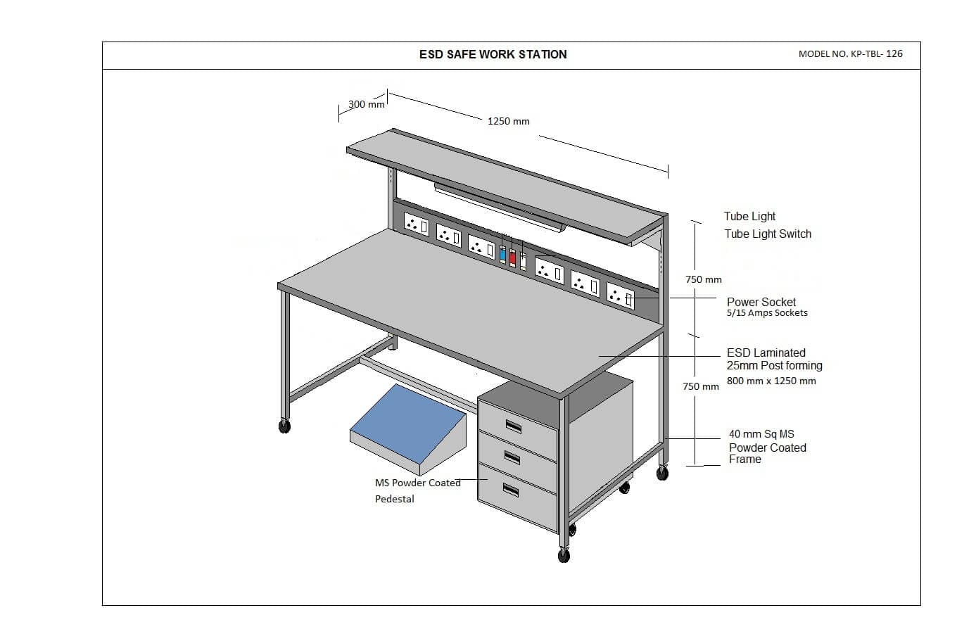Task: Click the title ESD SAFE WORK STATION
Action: pyautogui.click(x=493, y=54)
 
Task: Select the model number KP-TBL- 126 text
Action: pyautogui.click(x=850, y=53)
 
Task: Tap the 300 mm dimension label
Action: pyautogui.click(x=366, y=104)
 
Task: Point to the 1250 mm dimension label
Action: pyautogui.click(x=508, y=121)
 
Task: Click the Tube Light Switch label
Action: pyautogui.click(x=768, y=234)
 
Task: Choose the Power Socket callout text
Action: pyautogui.click(x=761, y=302)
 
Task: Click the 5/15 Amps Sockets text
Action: pyautogui.click(x=767, y=313)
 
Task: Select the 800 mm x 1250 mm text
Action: pyautogui.click(x=771, y=381)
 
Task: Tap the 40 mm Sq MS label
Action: pyautogui.click(x=761, y=434)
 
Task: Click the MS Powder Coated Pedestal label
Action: pyautogui.click(x=417, y=490)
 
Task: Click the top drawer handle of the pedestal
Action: pyautogui.click(x=513, y=426)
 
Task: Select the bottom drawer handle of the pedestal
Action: pyautogui.click(x=512, y=490)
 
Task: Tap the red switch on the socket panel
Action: pyautogui.click(x=512, y=258)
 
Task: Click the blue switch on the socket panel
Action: pyautogui.click(x=502, y=255)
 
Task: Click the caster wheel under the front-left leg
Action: pyautogui.click(x=284, y=426)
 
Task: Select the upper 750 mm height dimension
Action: pyautogui.click(x=703, y=279)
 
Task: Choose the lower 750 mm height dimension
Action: pyautogui.click(x=701, y=386)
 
